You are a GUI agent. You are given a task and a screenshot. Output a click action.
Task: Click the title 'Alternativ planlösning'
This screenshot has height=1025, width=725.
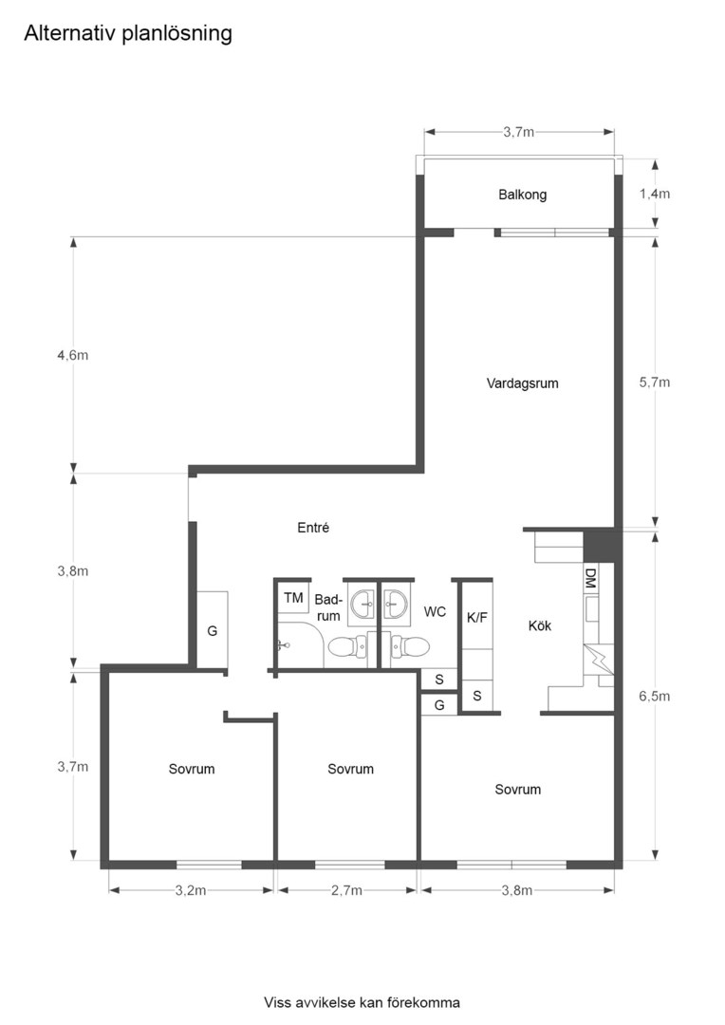[128, 34]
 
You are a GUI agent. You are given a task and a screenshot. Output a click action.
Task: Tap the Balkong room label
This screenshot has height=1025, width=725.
[522, 195]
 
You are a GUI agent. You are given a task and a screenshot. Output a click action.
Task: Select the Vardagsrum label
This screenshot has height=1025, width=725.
[522, 384]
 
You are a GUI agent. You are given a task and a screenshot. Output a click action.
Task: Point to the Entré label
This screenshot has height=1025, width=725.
[312, 528]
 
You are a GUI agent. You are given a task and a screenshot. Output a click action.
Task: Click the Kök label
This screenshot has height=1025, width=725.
[540, 625]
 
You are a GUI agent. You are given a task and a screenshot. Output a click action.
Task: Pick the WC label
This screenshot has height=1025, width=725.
[435, 612]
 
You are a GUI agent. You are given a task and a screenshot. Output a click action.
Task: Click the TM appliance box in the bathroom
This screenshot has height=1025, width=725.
[293, 598]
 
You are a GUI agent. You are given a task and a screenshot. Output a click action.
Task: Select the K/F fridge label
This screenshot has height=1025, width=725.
[476, 616]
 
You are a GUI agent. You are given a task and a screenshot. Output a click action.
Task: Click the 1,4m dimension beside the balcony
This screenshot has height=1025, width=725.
[655, 194]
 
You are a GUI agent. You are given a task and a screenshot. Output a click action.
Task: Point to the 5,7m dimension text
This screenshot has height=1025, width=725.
[655, 382]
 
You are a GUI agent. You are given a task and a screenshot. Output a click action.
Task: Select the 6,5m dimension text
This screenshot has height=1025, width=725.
[655, 696]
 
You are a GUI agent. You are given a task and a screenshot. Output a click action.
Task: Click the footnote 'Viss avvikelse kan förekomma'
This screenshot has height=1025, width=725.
[362, 1002]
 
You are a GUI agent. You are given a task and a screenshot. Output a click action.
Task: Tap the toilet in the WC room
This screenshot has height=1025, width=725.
[410, 648]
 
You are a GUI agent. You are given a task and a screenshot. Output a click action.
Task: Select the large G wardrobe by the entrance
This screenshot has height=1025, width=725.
[212, 630]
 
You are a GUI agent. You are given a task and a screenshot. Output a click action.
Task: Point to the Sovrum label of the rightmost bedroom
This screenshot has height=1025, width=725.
[517, 790]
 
